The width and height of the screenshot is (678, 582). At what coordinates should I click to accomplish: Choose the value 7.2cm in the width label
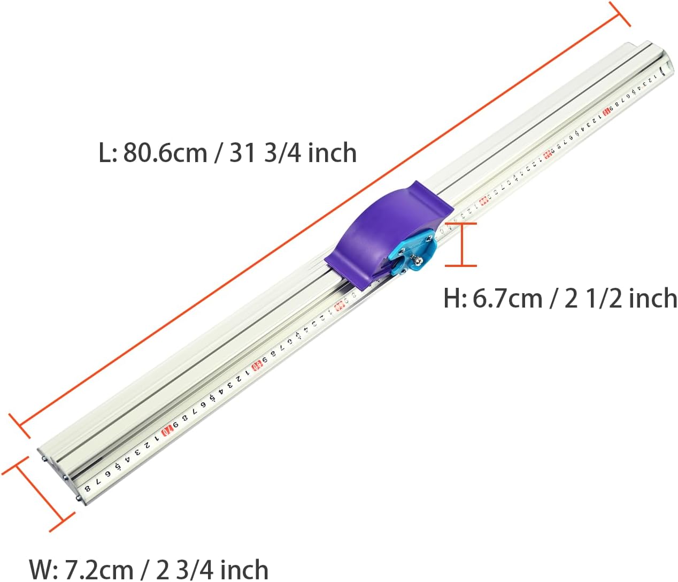(98, 569)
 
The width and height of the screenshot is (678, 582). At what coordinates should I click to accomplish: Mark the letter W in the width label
(42, 569)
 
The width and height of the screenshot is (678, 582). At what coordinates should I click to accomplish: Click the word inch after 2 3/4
(244, 569)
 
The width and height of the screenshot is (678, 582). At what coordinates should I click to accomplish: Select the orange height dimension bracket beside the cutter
(461, 244)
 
